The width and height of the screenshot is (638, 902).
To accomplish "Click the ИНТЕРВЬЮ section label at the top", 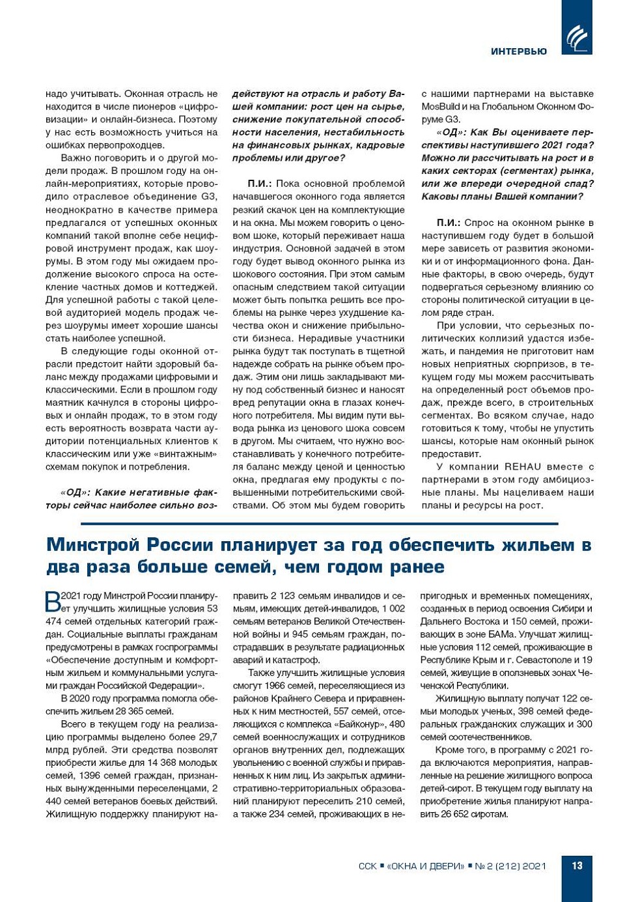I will [x=518, y=51].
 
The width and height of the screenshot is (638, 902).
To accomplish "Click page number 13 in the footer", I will [x=577, y=866].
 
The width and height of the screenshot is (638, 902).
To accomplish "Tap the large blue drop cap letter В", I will [x=53, y=601].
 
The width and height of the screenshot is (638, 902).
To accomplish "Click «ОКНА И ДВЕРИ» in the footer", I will [x=426, y=866].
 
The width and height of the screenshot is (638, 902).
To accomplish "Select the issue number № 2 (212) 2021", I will [x=510, y=866].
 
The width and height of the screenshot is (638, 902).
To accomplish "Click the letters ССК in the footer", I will [x=367, y=866].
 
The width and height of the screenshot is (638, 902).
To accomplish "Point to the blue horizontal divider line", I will [x=319, y=523].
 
